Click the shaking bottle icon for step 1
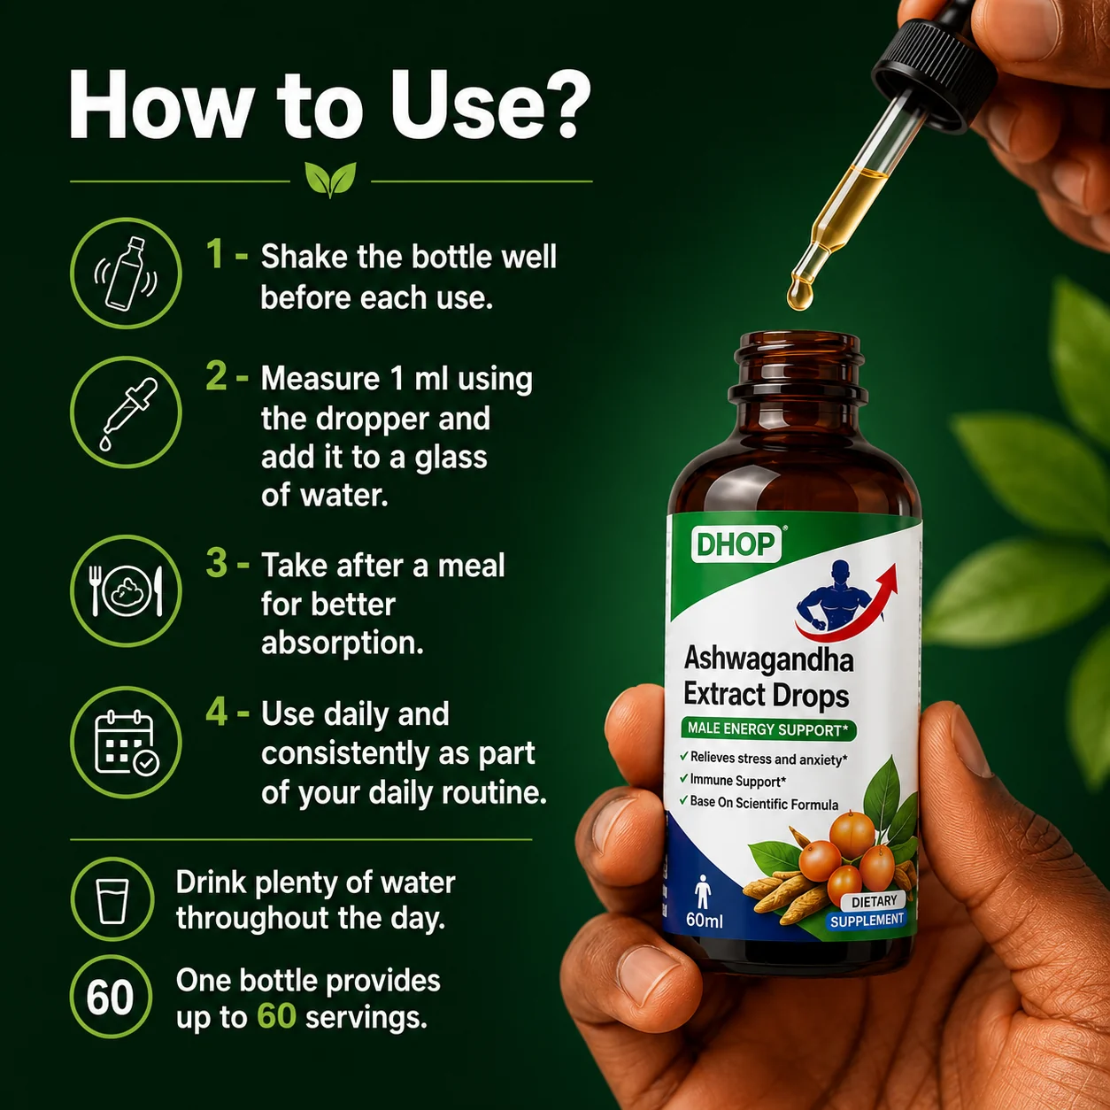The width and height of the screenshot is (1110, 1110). click(126, 273)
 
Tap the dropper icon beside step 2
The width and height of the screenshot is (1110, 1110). click(126, 412)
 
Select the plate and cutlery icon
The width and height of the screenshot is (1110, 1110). click(126, 590)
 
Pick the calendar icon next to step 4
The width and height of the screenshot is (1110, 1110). click(126, 742)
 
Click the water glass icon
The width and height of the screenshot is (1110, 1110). click(112, 899)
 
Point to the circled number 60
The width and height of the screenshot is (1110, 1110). click(111, 997)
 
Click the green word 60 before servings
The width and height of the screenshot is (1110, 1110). click(276, 1016)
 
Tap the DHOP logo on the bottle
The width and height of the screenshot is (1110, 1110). click(736, 543)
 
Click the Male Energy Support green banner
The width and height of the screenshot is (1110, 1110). click(767, 729)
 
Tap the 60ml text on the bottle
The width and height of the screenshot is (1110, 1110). click(704, 920)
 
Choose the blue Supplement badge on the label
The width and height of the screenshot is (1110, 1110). click(867, 921)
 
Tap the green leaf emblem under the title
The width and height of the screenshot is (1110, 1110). click(330, 179)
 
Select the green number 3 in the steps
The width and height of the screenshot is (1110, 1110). click(217, 563)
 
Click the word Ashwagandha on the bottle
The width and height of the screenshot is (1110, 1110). click(768, 660)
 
